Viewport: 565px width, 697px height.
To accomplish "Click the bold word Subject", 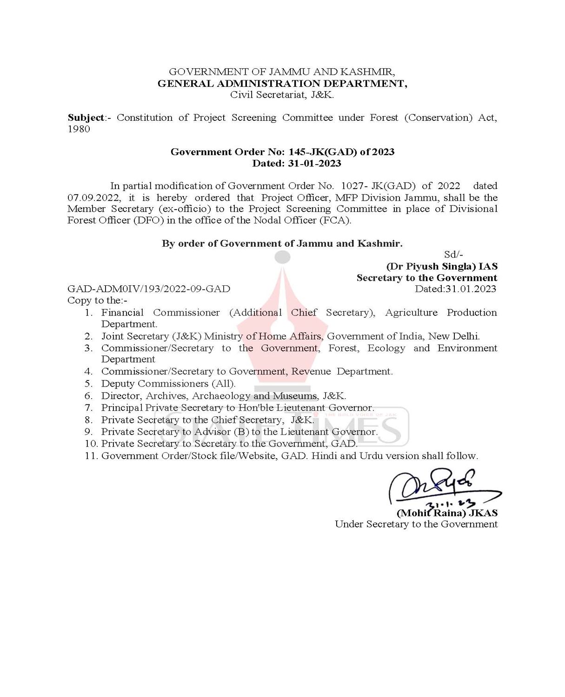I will (x=86, y=118).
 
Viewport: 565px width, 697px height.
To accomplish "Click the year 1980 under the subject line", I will (x=79, y=129).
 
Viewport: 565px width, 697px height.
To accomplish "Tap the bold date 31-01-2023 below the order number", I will (x=314, y=164).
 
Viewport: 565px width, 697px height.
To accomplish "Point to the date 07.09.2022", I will (x=93, y=197).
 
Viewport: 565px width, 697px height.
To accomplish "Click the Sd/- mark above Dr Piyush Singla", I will (x=453, y=255).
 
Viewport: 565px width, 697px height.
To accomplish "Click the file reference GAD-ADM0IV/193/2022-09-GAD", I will (x=149, y=289).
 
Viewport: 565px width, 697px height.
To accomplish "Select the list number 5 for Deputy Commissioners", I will (x=88, y=384).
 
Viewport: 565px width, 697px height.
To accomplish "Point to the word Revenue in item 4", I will (x=311, y=372).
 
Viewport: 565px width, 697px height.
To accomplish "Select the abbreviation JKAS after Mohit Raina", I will (x=483, y=513).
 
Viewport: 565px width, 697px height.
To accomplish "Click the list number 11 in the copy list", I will (x=91, y=456).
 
